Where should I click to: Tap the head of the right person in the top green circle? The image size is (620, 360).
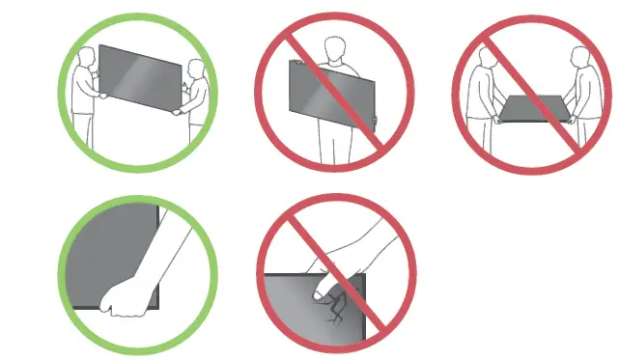[x=198, y=70]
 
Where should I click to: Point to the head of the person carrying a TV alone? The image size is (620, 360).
[x=334, y=48]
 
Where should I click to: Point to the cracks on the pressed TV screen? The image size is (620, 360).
[x=339, y=307]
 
